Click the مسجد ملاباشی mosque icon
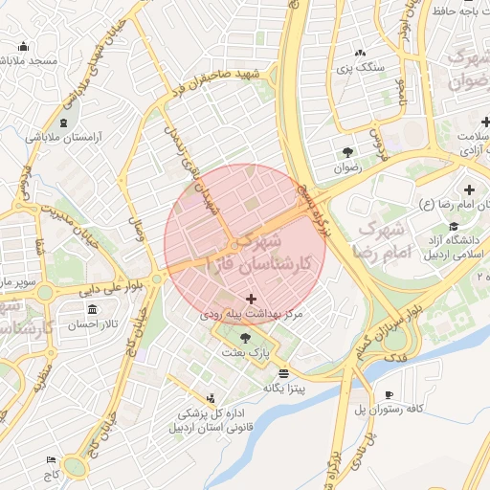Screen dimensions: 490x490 click(23, 47)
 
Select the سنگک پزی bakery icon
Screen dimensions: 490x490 click(360, 54)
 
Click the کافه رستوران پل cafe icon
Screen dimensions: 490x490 click(390, 394)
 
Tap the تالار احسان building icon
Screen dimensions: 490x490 click(92, 310)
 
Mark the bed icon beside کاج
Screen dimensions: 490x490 click(51, 459)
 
